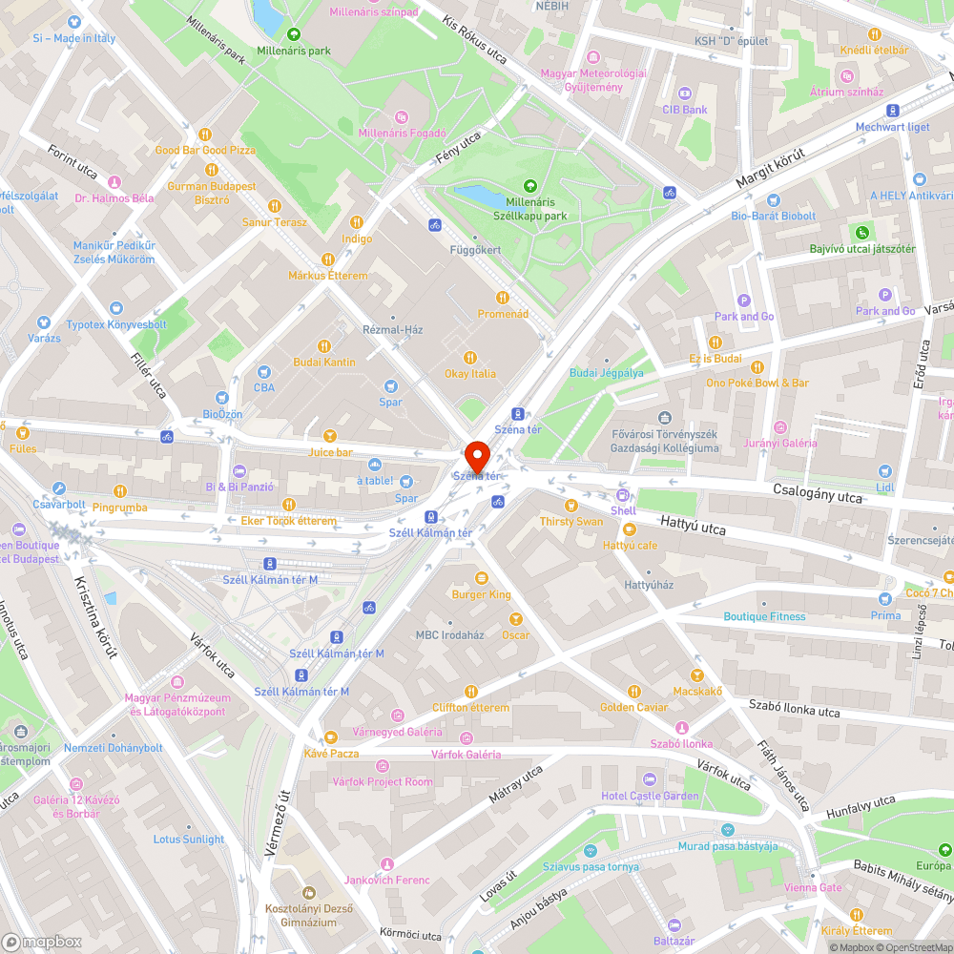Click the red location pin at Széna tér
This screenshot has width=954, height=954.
[476, 454]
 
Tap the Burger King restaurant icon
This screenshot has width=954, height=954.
[481, 578]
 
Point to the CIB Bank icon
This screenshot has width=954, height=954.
[685, 93]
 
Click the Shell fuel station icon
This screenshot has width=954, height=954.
[623, 495]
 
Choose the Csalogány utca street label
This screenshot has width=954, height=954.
[819, 493]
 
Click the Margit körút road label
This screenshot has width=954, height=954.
[771, 168]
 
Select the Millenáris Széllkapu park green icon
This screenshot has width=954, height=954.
[530, 186]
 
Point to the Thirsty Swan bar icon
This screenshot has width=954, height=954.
[571, 506]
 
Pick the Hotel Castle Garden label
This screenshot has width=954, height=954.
[650, 796]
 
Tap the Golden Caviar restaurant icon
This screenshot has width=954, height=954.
[633, 692]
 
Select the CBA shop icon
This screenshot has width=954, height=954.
[263, 372]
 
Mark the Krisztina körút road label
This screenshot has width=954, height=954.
[96, 617]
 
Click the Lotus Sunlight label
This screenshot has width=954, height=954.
[189, 840]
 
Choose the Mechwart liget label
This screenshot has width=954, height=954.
[892, 127]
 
